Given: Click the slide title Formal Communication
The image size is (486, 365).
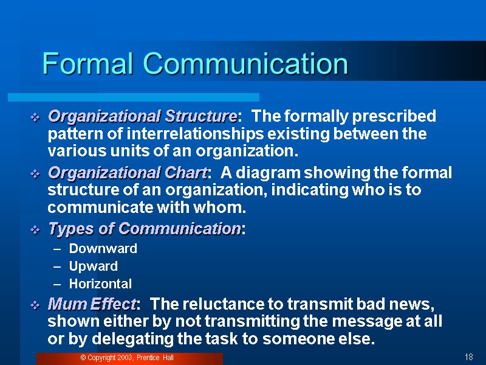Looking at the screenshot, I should [x=195, y=64].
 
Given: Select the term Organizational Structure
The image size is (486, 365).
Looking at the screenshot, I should [x=142, y=116].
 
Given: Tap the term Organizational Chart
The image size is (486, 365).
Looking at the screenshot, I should [x=128, y=173].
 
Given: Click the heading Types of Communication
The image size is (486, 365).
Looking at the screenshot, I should [x=145, y=229].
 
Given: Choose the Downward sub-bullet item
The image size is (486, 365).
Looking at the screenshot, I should [x=103, y=248].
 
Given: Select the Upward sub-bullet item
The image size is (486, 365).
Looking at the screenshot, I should [x=93, y=266].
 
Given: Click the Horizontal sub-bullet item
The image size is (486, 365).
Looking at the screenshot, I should [x=100, y=283].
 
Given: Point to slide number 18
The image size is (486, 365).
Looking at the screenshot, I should [x=468, y=357].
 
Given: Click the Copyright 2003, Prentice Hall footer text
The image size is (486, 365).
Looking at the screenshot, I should [x=127, y=358].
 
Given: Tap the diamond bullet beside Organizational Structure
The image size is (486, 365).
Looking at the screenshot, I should [x=35, y=117].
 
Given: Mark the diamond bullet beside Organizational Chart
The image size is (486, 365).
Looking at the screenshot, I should [x=35, y=174].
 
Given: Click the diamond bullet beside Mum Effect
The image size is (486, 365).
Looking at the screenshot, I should [x=35, y=305].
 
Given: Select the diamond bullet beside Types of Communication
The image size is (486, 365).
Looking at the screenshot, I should [x=35, y=230].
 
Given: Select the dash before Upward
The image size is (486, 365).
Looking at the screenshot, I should [x=57, y=266].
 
